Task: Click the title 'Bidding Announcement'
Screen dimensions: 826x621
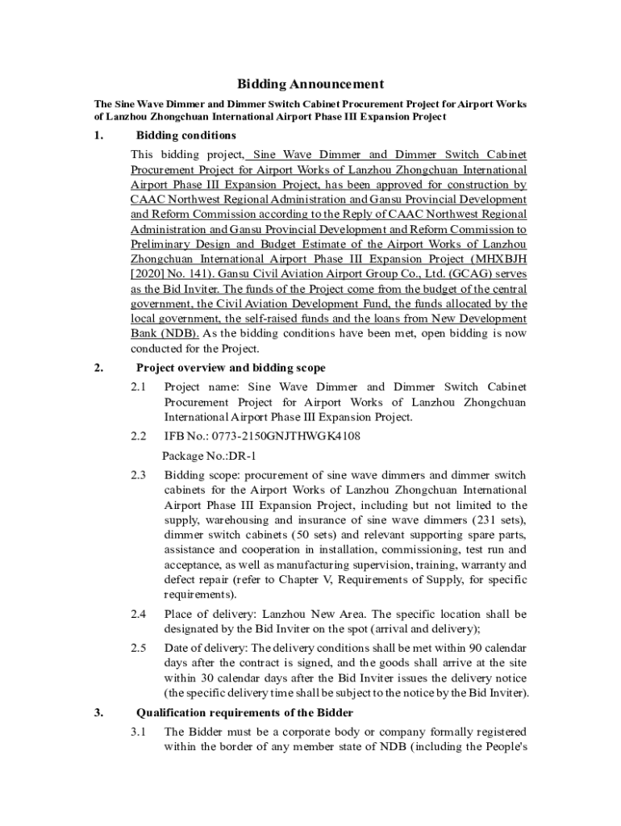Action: coord(310,84)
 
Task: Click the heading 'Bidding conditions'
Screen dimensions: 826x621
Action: coord(185,135)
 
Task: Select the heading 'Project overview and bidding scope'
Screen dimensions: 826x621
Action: coord(231,369)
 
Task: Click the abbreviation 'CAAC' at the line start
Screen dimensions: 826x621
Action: coord(149,198)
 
